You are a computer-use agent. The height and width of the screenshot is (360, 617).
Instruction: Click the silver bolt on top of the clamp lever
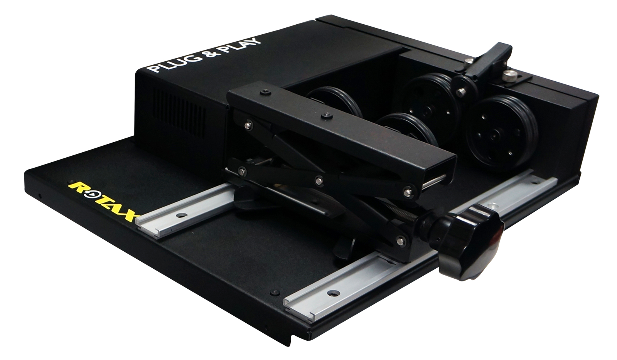click(468, 60)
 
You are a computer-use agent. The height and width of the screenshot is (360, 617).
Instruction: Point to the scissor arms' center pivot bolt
click(319, 179)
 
